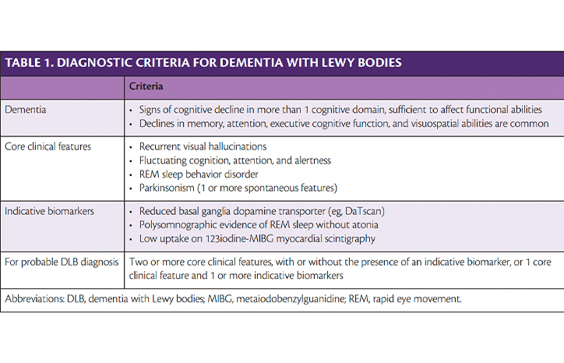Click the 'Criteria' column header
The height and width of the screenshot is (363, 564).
tap(146, 86)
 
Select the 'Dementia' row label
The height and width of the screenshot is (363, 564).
tap(25, 109)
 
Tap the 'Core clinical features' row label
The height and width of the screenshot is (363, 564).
tap(48, 146)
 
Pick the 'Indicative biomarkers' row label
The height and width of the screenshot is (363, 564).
tap(49, 211)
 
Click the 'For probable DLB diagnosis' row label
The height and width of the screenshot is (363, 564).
tap(62, 262)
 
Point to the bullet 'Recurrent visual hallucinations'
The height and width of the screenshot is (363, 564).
tap(203, 146)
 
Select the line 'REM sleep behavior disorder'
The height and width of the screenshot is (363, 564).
tap(199, 174)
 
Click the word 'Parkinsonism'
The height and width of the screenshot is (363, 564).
tap(167, 188)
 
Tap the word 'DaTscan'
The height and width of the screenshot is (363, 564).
tap(364, 211)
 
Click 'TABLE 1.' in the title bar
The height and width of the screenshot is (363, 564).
tap(28, 62)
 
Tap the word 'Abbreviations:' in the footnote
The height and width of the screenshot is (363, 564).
tap(34, 298)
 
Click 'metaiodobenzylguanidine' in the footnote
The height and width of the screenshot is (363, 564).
tap(291, 299)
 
